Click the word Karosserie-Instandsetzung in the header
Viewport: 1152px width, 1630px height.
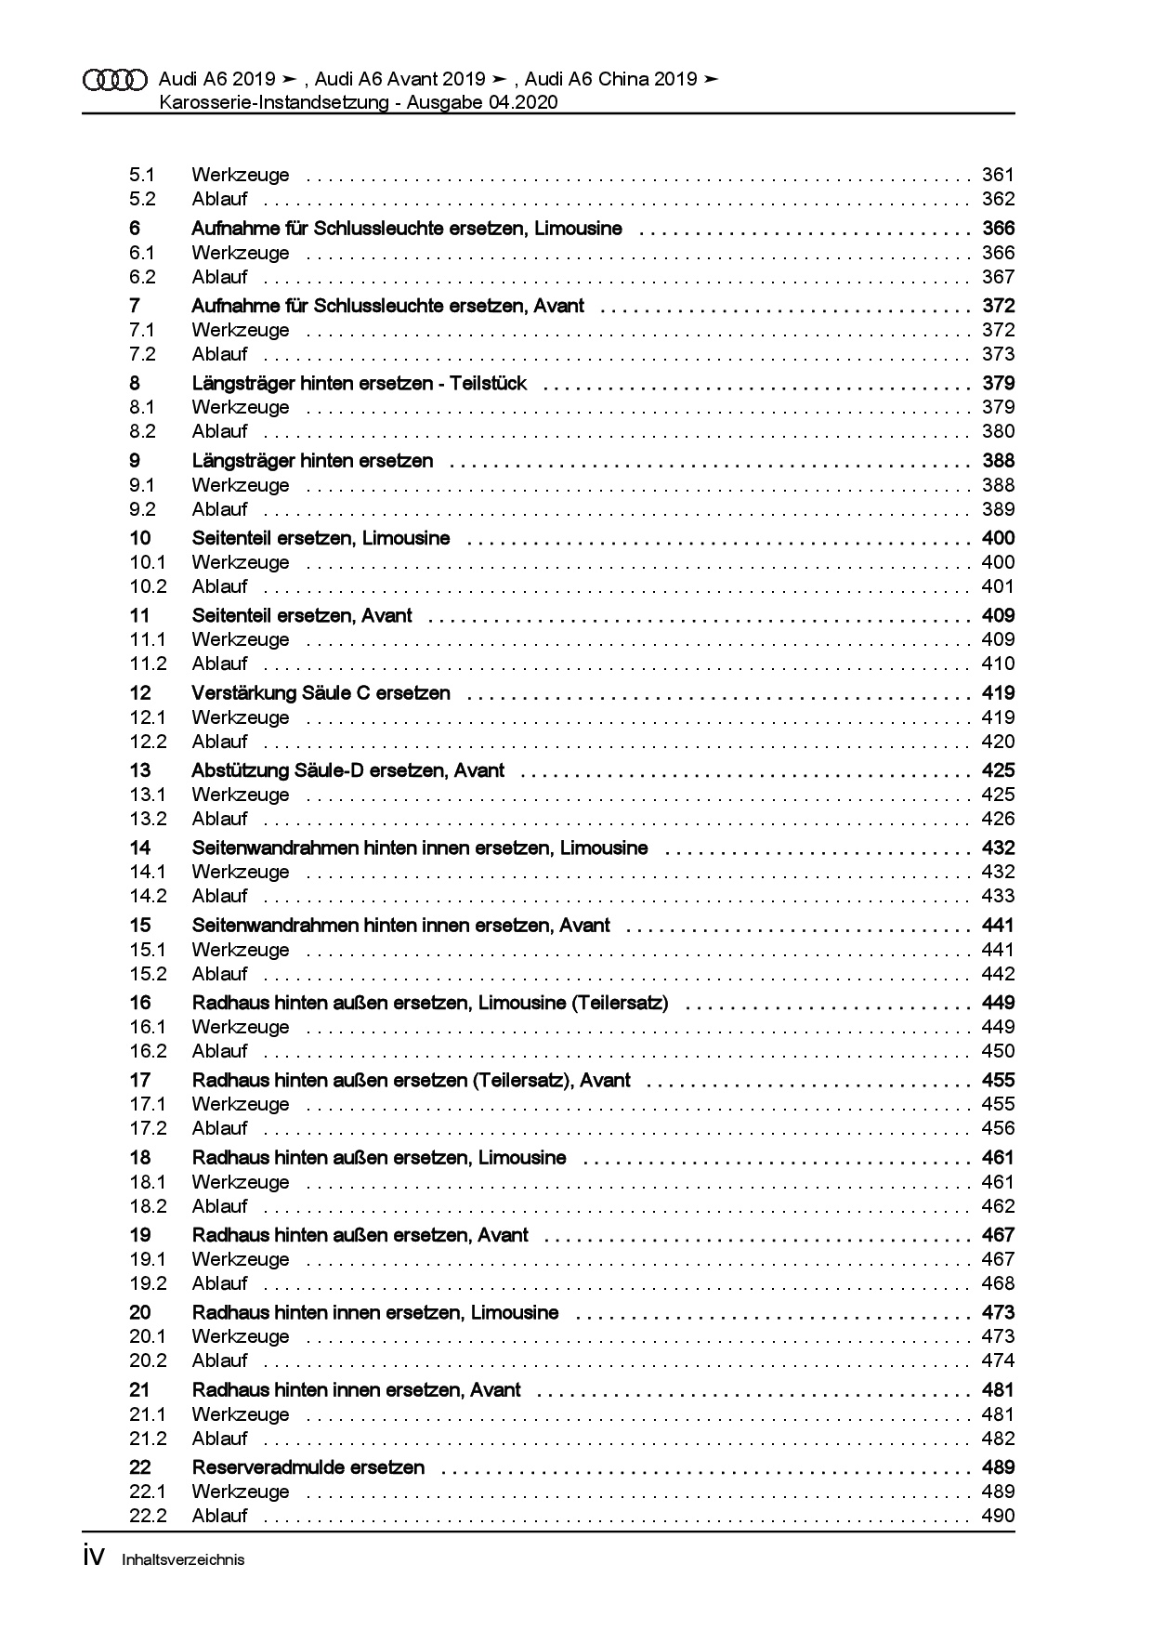[x=274, y=103]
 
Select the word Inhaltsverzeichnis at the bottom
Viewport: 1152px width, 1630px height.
[x=183, y=1560]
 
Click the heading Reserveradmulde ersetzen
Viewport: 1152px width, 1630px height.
[x=308, y=1467]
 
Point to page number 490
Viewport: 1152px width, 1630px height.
[x=998, y=1516]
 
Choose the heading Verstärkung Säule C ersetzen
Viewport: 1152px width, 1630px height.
[x=321, y=693]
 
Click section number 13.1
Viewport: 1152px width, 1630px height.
[x=148, y=795]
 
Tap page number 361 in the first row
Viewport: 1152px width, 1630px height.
[x=998, y=175]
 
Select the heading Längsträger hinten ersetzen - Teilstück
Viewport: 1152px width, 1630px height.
[x=359, y=384]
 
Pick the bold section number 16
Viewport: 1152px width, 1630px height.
[x=140, y=1003]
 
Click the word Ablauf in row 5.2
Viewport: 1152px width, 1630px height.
[x=220, y=199]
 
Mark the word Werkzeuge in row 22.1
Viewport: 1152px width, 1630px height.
[x=241, y=1492]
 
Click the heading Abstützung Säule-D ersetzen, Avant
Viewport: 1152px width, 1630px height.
[x=348, y=770]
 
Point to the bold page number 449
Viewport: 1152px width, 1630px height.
[x=998, y=1003]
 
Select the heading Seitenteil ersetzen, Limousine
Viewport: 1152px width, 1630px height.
[x=321, y=538]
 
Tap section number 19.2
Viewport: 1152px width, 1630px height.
[x=148, y=1283]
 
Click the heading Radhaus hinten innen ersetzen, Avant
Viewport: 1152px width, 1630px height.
[x=357, y=1390]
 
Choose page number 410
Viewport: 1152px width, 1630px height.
[x=998, y=664]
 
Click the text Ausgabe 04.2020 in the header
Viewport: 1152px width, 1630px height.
[x=482, y=103]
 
